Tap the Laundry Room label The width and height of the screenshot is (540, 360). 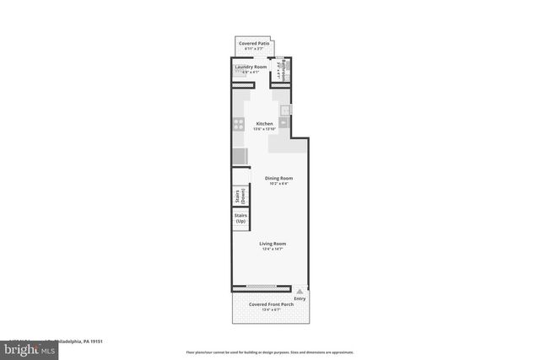(x=251, y=67)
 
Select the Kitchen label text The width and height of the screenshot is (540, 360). (x=265, y=123)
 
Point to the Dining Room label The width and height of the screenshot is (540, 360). (x=278, y=177)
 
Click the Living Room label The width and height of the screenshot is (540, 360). (x=273, y=244)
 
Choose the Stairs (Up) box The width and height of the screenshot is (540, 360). (x=240, y=218)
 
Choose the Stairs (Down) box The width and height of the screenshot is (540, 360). (x=240, y=196)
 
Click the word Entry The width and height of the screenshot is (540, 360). (x=299, y=298)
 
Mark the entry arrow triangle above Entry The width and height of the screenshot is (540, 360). (x=299, y=290)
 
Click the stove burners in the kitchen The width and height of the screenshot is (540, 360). (x=240, y=124)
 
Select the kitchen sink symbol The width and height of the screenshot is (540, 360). (x=285, y=110)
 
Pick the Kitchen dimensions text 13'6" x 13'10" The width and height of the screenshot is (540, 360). (x=265, y=129)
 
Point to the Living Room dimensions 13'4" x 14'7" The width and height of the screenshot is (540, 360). (x=273, y=250)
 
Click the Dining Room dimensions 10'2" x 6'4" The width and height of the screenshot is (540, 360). (x=278, y=183)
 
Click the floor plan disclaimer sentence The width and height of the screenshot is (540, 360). (x=270, y=352)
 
